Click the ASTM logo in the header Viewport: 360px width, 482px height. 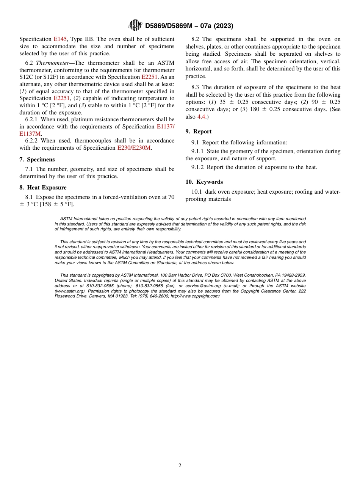(x=135, y=25)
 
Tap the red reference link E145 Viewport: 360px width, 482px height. (x=60, y=39)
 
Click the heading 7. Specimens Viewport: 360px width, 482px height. (x=37, y=160)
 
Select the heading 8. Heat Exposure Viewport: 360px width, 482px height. (x=43, y=188)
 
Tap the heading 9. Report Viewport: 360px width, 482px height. (x=199, y=131)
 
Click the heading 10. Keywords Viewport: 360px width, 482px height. (x=204, y=182)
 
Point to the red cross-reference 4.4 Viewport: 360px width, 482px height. (x=201, y=117)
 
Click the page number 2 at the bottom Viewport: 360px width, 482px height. (x=180, y=466)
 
